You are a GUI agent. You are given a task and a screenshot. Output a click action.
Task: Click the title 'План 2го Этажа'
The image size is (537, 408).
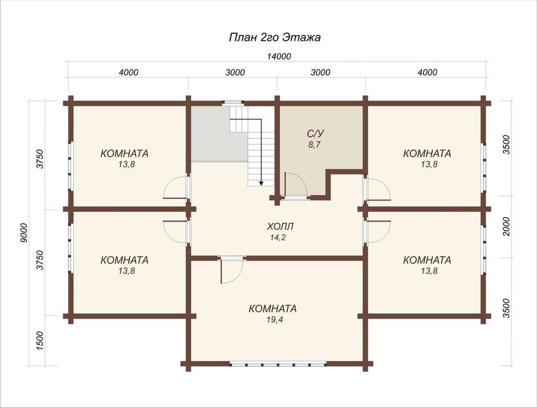pos(275,38)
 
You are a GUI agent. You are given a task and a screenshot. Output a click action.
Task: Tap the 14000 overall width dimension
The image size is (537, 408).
pos(279,57)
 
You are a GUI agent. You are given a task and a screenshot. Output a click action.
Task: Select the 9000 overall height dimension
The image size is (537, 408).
pos(24,233)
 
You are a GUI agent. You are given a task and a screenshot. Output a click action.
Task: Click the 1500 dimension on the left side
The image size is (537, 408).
pos(40,340)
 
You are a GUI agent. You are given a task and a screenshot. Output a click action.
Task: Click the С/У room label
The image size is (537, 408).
pos(315,134)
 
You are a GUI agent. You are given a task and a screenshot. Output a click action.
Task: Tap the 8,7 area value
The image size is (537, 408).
pos(314,144)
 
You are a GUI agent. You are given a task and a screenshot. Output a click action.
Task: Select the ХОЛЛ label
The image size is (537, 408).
pos(280,227)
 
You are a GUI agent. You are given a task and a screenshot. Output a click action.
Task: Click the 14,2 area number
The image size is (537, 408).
pos(278,237)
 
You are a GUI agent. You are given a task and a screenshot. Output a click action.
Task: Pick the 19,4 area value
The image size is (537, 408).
pos(275,320)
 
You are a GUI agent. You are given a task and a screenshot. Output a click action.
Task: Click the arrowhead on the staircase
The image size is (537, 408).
pos(261,183)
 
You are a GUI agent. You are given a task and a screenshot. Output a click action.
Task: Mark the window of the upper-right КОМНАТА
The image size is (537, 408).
pos(483,168)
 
